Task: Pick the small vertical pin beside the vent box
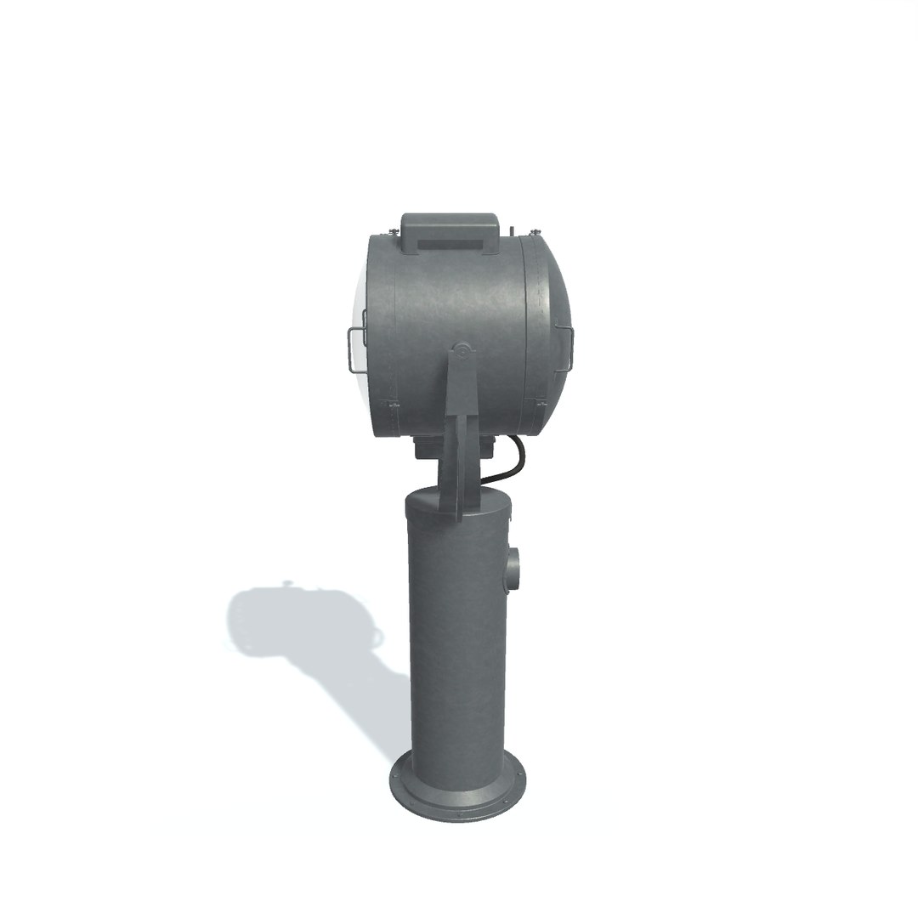pos(513,229)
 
